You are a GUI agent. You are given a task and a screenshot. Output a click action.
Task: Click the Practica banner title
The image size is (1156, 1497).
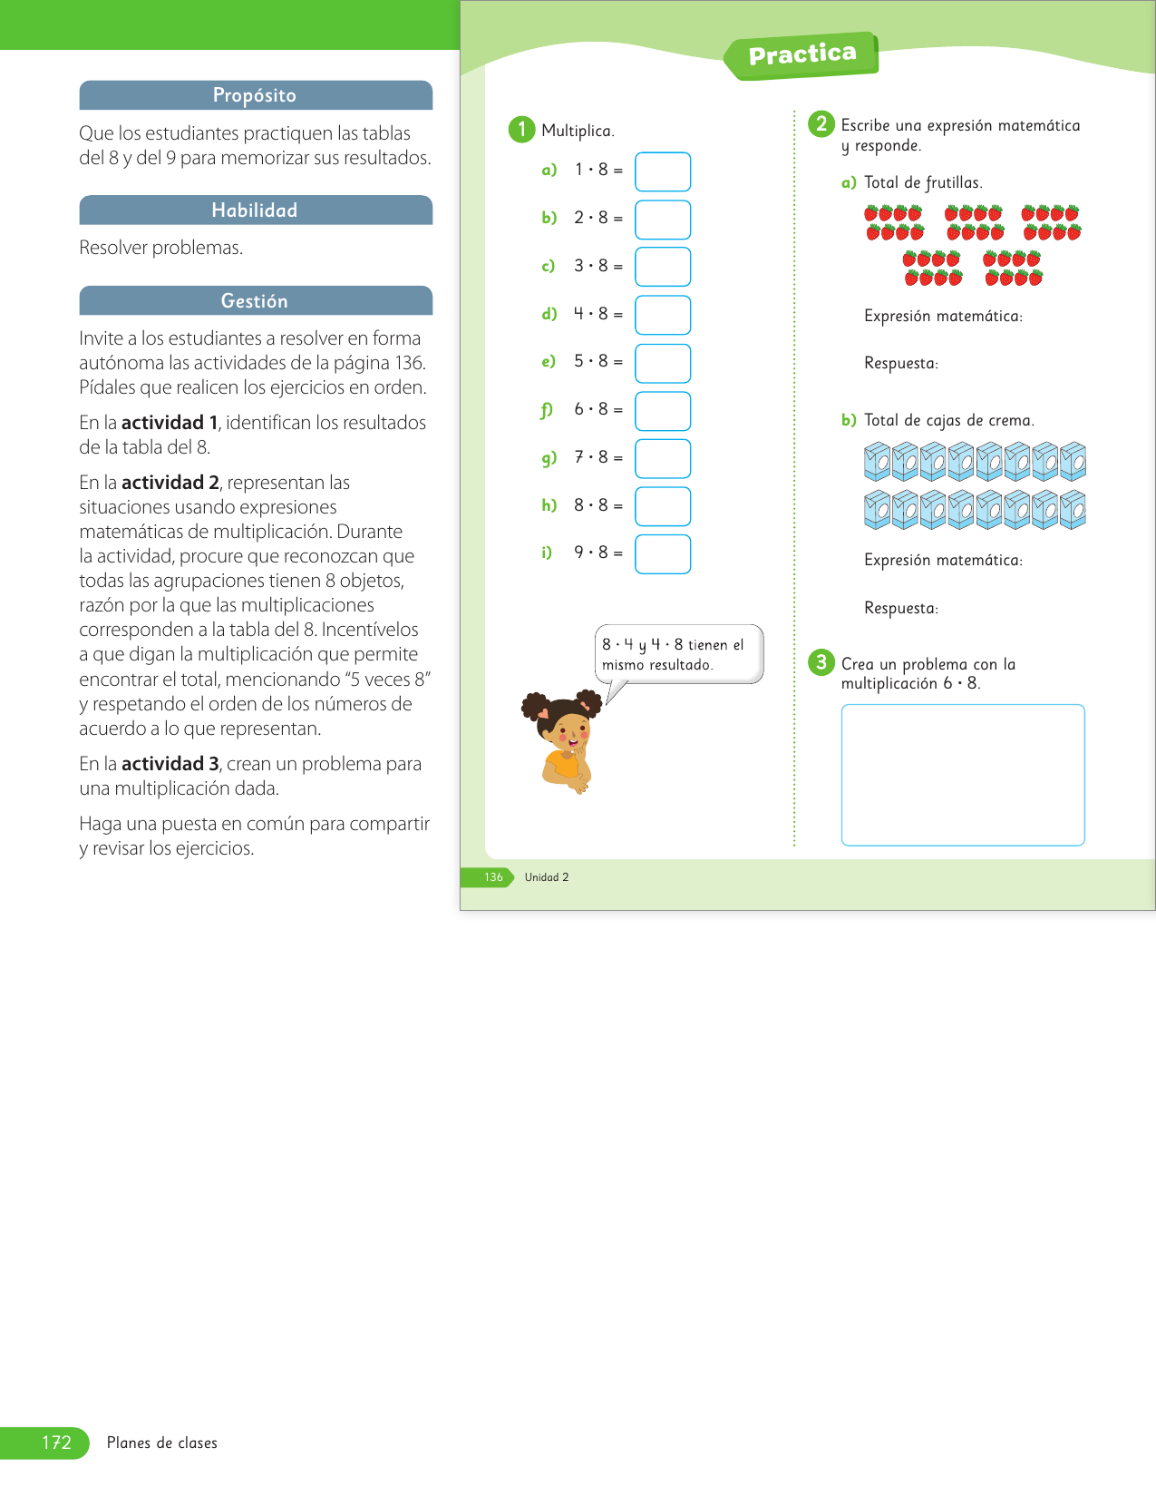pos(802,55)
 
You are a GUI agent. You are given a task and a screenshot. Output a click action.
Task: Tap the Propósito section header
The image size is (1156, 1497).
pos(255,95)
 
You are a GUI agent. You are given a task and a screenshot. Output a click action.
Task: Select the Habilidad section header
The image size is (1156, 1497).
pos(255,210)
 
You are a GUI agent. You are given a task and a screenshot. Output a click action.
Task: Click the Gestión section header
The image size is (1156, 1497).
pos(255,301)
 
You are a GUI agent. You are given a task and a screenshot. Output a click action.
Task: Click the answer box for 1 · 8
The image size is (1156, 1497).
pos(663,171)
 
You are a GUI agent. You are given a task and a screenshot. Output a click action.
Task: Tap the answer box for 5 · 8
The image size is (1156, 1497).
pos(663,363)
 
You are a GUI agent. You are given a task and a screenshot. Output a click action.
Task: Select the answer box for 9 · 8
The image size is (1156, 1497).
pos(663,554)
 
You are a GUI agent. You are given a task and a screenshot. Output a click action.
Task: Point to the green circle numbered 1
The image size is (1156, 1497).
pos(521,130)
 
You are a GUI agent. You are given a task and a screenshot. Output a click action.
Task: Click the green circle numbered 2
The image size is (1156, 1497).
pos(821,124)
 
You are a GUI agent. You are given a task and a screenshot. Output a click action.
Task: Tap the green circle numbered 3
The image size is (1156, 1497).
pos(821,662)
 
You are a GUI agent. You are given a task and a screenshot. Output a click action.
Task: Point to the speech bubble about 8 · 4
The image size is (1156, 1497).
pos(678,654)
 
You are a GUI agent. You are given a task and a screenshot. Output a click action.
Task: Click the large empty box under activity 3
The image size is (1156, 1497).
pos(963,775)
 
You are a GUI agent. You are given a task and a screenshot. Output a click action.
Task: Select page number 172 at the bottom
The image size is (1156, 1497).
pos(56,1443)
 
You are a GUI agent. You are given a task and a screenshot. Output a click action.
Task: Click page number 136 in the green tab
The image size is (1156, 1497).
pos(493,877)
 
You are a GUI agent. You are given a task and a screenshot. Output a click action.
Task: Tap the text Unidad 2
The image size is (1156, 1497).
pos(547,877)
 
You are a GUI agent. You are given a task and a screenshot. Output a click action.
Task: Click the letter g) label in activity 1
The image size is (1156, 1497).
pos(549,458)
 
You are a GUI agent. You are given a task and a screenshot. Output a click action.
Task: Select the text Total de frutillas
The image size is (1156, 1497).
pos(923,182)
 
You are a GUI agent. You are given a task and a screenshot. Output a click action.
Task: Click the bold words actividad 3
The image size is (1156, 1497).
pos(170,764)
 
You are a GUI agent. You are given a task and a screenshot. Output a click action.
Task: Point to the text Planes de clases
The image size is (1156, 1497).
pos(162,1443)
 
